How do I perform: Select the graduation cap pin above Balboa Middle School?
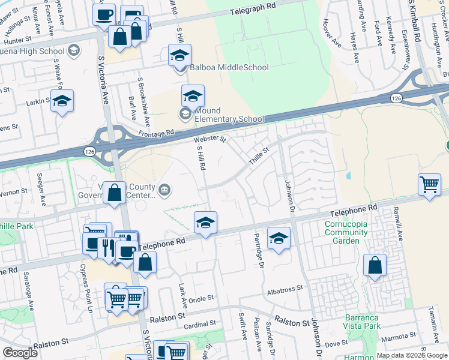pyautogui.click(x=179, y=56)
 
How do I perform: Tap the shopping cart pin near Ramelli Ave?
pyautogui.click(x=430, y=185)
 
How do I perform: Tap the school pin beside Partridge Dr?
pyautogui.click(x=279, y=238)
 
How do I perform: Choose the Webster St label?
pyautogui.click(x=210, y=139)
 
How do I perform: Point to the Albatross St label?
pyautogui.click(x=285, y=289)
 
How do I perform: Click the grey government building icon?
pyautogui.click(x=166, y=191)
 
